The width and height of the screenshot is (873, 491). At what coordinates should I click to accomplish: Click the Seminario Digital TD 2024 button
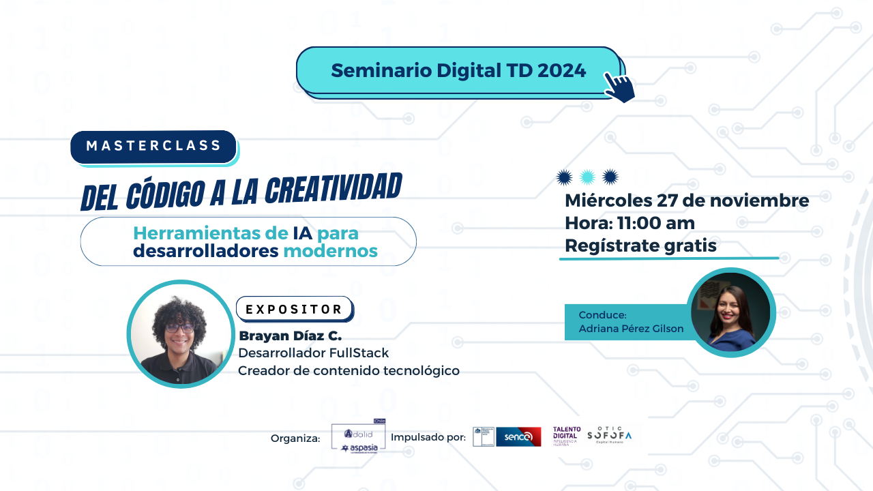point(458,70)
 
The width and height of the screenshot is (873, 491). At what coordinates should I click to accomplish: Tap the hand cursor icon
point(619,87)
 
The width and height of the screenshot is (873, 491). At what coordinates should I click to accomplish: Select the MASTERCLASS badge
point(153,146)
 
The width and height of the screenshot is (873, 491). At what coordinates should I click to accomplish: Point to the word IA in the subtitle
point(302,233)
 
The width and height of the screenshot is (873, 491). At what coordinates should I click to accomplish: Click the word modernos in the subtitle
point(330,251)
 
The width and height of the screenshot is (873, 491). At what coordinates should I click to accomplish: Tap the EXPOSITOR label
point(294,309)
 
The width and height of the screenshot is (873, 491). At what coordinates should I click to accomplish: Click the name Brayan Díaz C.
point(290,336)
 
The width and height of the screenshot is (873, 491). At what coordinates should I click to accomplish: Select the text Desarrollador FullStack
point(313,353)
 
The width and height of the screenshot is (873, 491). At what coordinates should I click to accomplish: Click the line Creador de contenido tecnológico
point(349,370)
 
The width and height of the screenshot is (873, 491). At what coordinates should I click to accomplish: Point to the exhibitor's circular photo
point(181,334)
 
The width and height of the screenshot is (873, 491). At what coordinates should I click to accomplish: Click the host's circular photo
point(730,312)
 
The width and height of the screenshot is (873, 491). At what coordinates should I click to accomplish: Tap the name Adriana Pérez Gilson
point(631,329)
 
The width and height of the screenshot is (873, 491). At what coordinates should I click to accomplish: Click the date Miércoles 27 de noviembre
point(687,201)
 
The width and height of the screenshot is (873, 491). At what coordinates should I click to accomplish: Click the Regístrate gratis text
point(640,245)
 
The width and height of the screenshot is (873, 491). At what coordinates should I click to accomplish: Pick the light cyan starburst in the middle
point(587,177)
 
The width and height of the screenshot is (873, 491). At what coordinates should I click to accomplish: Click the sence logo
point(518,436)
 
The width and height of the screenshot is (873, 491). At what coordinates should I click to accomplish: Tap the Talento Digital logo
point(567,436)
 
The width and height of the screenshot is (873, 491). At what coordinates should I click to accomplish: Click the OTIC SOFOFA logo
point(609,435)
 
